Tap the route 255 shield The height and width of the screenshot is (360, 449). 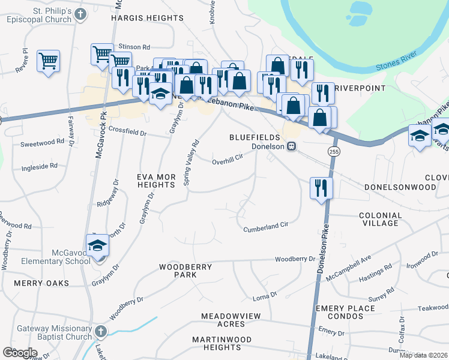[x=334, y=151]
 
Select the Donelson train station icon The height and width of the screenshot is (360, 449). [x=291, y=146]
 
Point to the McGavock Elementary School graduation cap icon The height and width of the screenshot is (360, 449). [x=97, y=246]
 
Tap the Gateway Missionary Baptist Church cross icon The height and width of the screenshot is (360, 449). [x=100, y=332]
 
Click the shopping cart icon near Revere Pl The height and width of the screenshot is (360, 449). [x=48, y=61]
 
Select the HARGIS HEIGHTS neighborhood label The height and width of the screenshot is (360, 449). [x=148, y=18]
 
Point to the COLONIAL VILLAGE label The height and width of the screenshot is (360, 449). [x=381, y=219]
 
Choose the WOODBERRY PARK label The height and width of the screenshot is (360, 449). [x=178, y=270]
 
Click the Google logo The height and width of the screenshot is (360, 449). [x=20, y=352]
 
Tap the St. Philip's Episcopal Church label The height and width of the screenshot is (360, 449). [x=41, y=15]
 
